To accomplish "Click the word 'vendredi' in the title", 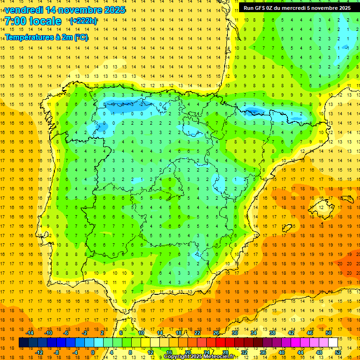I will click(24, 10).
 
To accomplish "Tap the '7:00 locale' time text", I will click(33, 21).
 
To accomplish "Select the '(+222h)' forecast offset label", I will click(83, 21).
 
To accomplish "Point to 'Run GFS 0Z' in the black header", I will click(259, 8).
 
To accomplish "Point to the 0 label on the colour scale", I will click(92, 352).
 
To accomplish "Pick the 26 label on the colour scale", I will click(216, 333).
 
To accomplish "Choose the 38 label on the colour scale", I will click(272, 333).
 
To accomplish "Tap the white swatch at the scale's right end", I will click(333, 343).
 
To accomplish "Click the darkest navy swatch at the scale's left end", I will click(23, 343).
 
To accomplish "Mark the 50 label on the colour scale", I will click(328, 333).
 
